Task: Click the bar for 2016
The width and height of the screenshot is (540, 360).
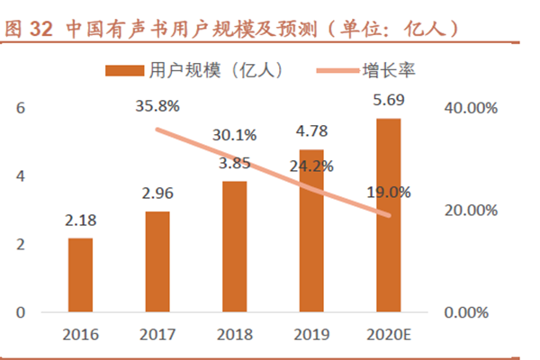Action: click(80, 275)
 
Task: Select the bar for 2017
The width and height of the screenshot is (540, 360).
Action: click(157, 262)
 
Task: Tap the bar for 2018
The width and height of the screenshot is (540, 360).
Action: click(234, 247)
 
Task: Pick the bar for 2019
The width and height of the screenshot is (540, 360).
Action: click(311, 230)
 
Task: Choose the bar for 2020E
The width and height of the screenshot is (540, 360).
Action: click(388, 215)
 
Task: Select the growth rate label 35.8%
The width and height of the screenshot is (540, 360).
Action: click(157, 105)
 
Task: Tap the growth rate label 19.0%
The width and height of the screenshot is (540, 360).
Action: click(389, 192)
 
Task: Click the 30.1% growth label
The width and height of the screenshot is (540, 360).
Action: click(235, 135)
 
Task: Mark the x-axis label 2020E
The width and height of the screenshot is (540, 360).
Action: click(388, 336)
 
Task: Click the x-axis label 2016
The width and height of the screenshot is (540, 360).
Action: click(80, 336)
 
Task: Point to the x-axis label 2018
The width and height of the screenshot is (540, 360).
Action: click(234, 336)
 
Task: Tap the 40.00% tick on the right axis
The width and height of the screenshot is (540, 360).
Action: click(471, 108)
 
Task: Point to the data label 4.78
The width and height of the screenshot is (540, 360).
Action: click(311, 135)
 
